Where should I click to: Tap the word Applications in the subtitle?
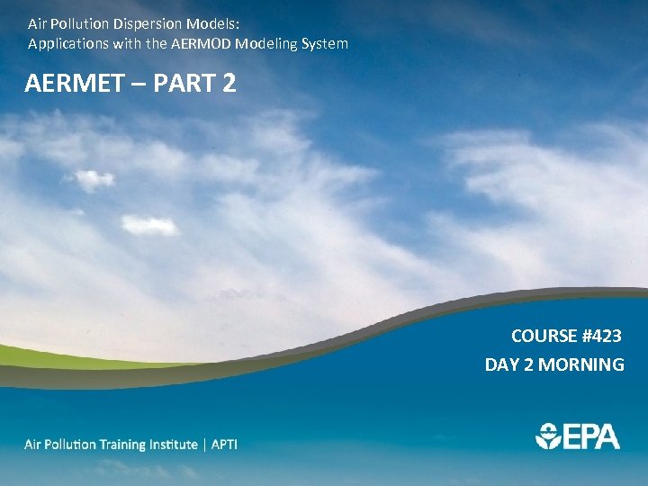pyautogui.click(x=66, y=43)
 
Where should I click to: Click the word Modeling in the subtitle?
pyautogui.click(x=265, y=43)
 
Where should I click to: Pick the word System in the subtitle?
pyautogui.click(x=324, y=43)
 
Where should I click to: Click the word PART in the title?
pyautogui.click(x=186, y=84)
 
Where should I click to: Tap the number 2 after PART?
pyautogui.click(x=229, y=84)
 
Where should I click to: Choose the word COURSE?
pyautogui.click(x=544, y=336)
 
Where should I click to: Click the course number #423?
pyautogui.click(x=602, y=336)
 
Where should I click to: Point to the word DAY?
pyautogui.click(x=501, y=364)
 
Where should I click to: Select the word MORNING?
pyautogui.click(x=582, y=364)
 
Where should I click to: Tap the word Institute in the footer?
pyautogui.click(x=170, y=445)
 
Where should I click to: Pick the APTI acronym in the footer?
pyautogui.click(x=225, y=445)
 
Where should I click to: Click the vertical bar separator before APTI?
pyautogui.click(x=205, y=445)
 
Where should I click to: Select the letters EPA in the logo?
pyautogui.click(x=590, y=436)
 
